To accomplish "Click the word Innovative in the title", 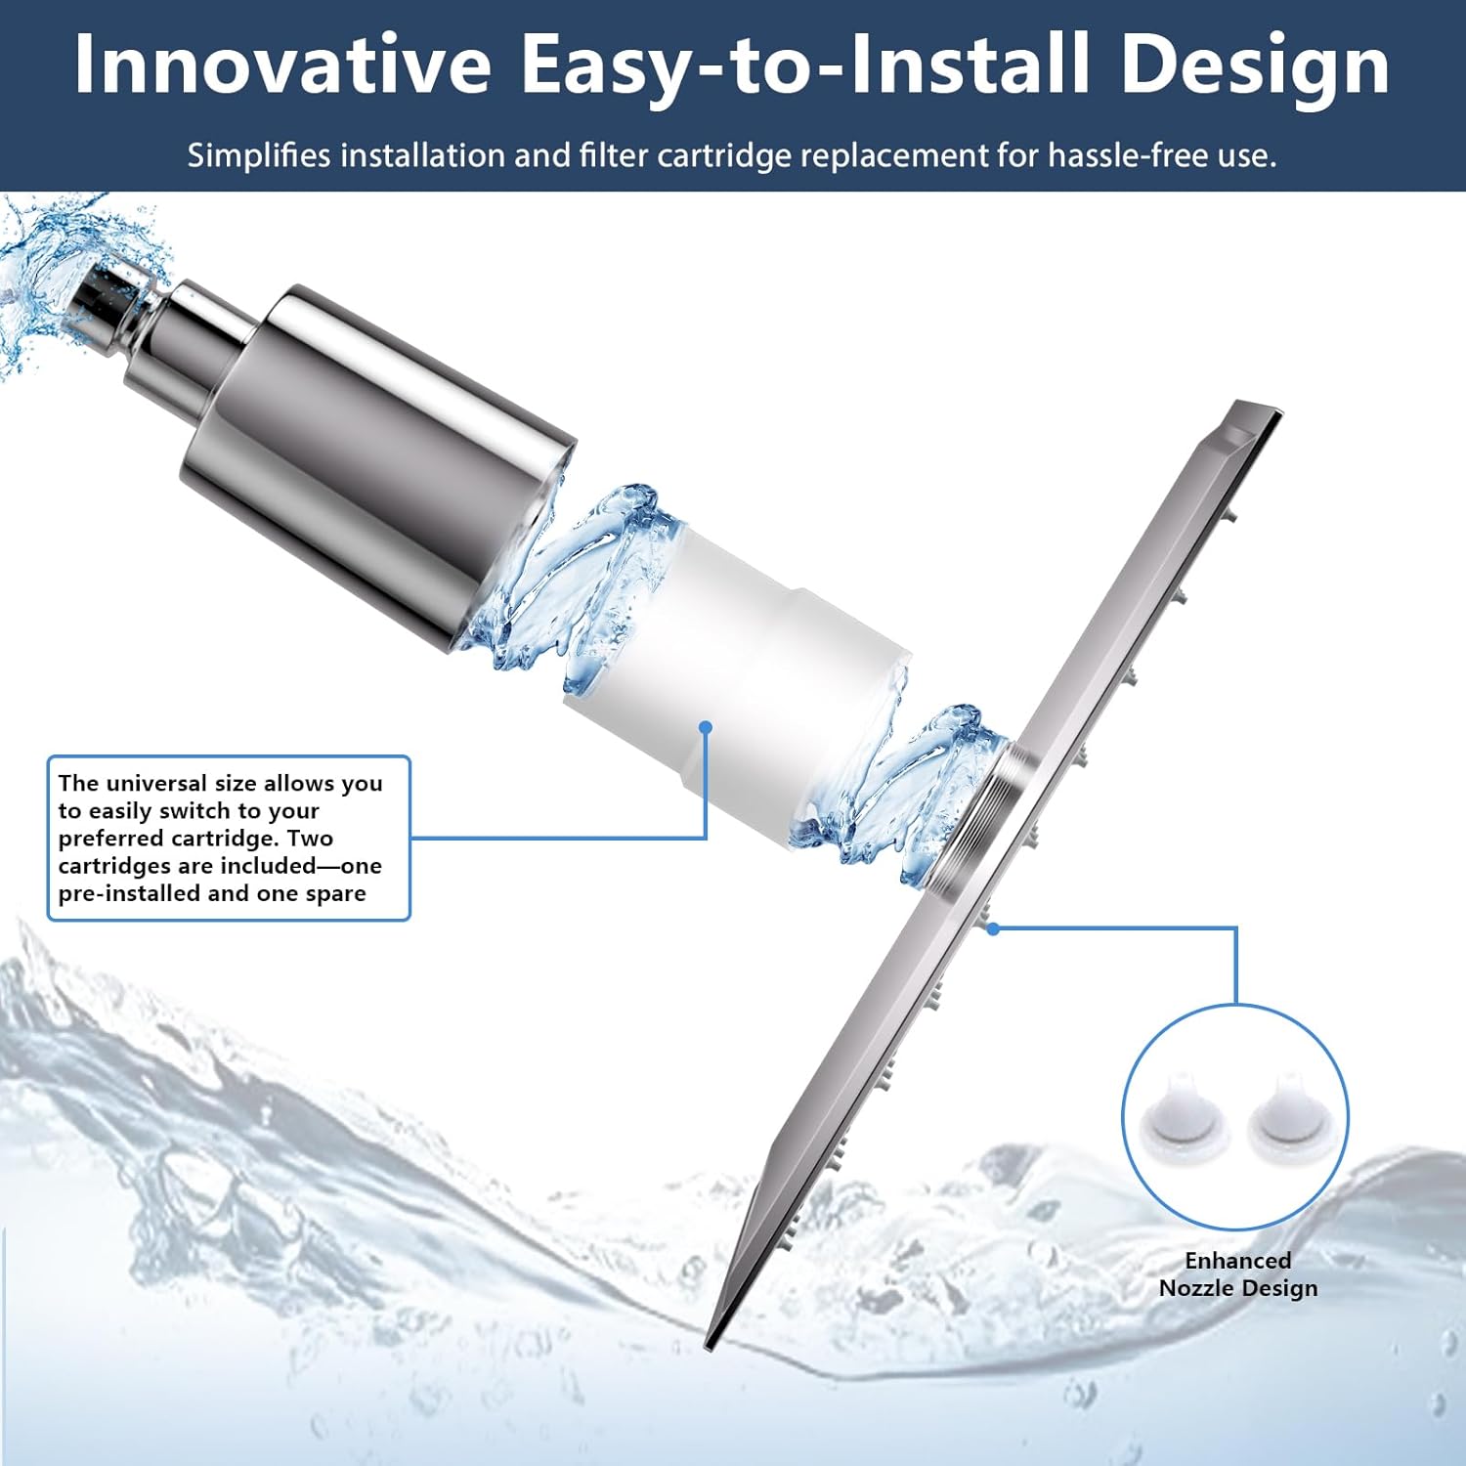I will tap(282, 65).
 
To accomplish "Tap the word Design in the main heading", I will tap(1255, 65).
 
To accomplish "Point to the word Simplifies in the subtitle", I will tap(259, 155).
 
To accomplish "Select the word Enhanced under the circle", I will tap(1237, 1260).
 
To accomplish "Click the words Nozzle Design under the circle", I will tap(1237, 1288).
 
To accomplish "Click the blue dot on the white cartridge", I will tap(706, 727).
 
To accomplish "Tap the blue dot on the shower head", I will tap(993, 928).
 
